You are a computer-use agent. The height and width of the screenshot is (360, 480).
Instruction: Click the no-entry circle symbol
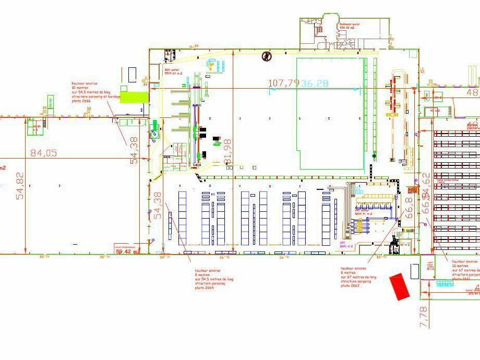click(x=267, y=55)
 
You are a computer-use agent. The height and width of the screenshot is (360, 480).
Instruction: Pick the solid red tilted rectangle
click(x=401, y=286)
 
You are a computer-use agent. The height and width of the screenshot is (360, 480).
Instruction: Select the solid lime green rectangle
click(x=134, y=97)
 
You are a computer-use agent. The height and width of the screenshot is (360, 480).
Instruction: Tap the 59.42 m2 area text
click(x=127, y=251)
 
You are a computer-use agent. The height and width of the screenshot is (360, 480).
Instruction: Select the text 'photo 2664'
click(x=204, y=287)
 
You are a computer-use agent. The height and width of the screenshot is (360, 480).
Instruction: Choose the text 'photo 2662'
click(x=350, y=285)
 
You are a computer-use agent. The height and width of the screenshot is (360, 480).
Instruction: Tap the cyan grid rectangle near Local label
click(x=445, y=283)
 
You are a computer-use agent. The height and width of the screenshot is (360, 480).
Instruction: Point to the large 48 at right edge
click(x=472, y=92)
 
